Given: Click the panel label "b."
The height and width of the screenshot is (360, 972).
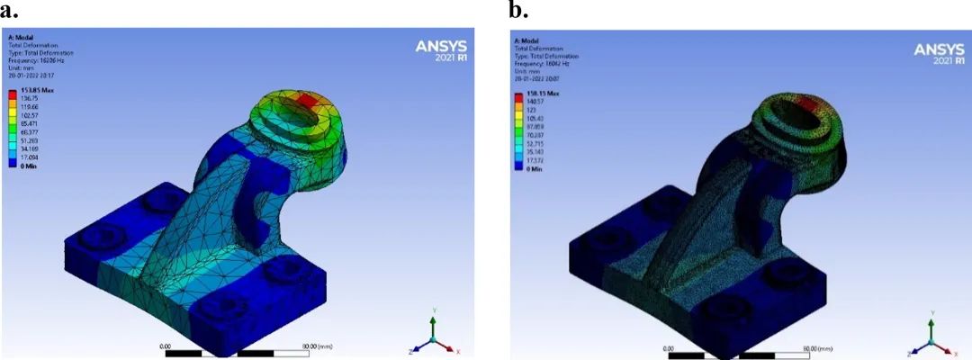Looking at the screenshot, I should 518,11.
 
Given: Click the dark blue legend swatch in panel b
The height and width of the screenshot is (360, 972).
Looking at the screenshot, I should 517,164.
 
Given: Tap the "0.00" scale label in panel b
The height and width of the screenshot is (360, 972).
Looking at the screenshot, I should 667,346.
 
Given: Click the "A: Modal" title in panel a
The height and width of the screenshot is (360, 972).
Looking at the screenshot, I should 19,37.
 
